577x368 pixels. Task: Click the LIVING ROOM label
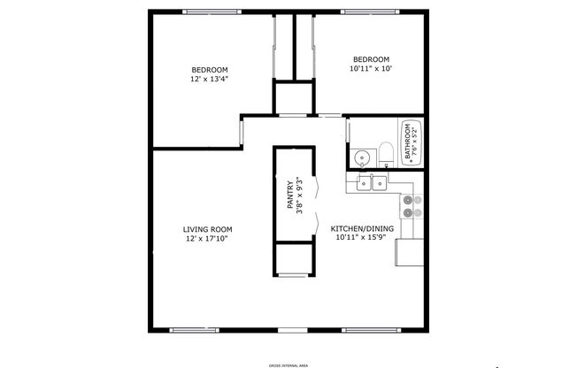tap(209, 229)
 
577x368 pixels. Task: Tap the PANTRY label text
tap(289, 195)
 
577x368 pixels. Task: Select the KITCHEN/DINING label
tap(358, 229)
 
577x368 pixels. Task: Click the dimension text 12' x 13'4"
tap(210, 79)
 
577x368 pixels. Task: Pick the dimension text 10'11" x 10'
tap(370, 68)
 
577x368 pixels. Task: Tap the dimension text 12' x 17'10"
tap(209, 239)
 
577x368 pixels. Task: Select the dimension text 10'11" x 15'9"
tap(358, 238)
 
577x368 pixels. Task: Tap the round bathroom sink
tap(362, 159)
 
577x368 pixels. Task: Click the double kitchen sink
tap(372, 183)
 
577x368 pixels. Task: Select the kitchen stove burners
tap(408, 206)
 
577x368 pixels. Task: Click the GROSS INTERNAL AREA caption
tap(288, 364)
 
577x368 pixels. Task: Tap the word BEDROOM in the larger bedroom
tap(210, 70)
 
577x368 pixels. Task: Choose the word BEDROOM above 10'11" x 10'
tap(370, 58)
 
